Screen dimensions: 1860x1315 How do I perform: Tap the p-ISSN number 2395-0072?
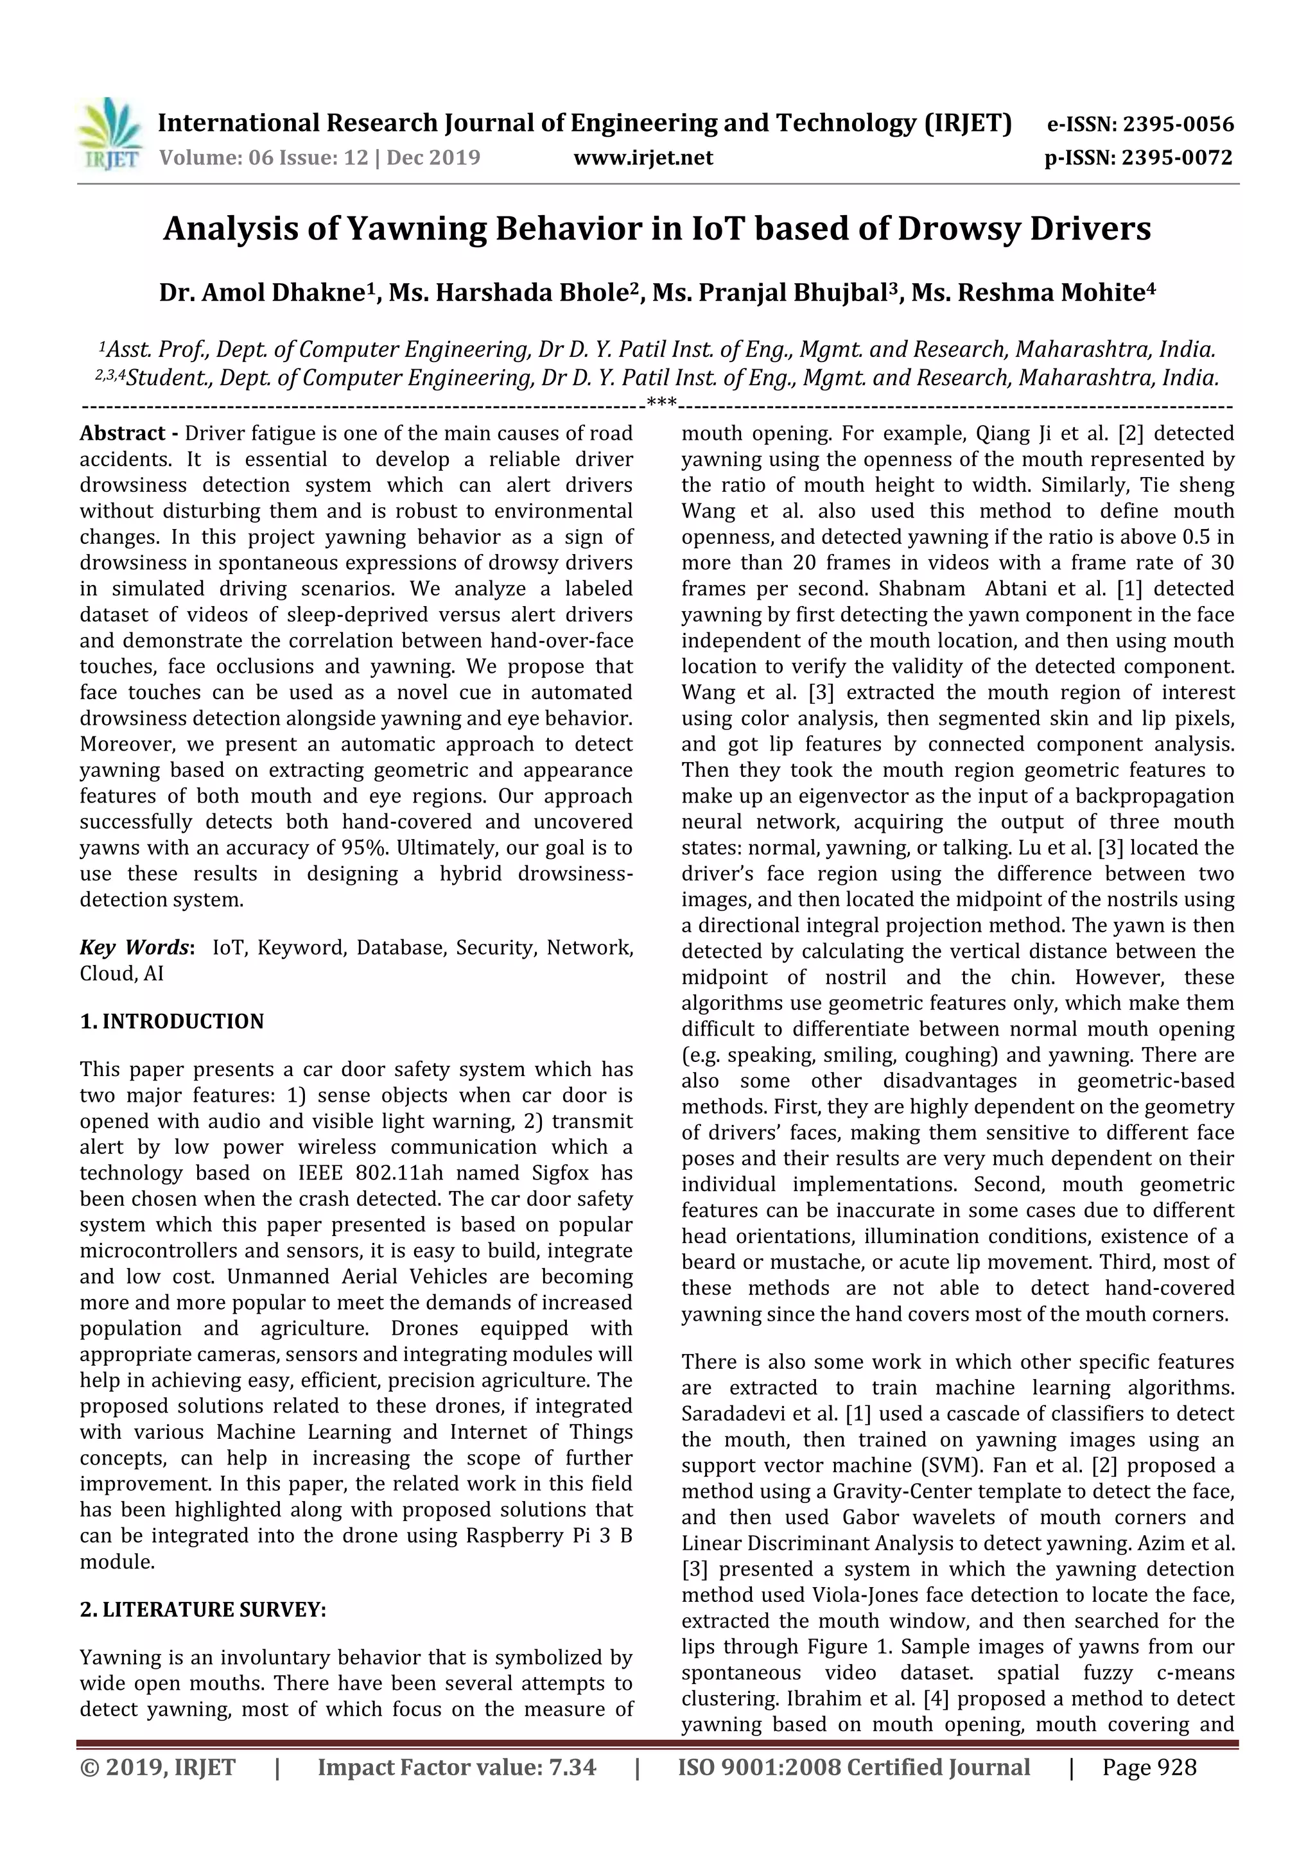click(1176, 157)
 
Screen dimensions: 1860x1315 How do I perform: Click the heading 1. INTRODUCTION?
click(172, 1021)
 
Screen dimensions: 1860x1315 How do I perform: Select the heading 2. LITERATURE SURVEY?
click(202, 1610)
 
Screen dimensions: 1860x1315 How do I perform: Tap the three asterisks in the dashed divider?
click(661, 403)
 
